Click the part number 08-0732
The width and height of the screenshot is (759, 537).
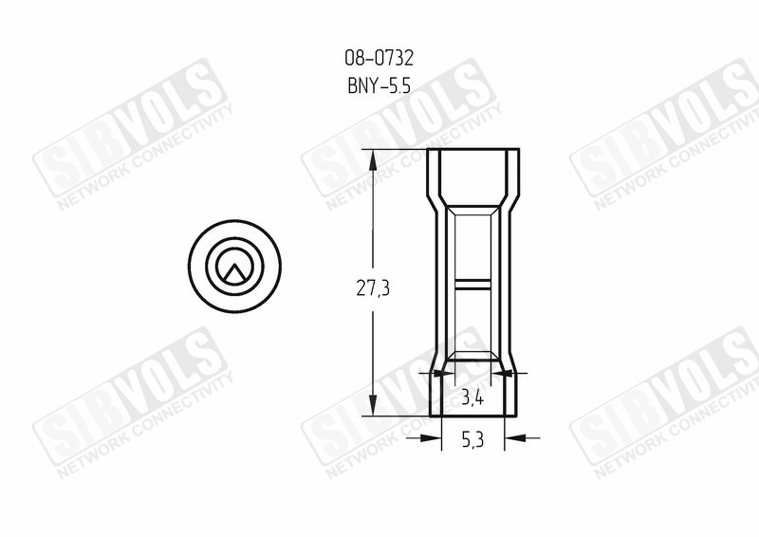pyautogui.click(x=379, y=59)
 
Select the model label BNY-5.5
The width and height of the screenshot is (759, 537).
pyautogui.click(x=379, y=86)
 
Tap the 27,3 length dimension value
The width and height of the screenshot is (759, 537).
pyautogui.click(x=373, y=288)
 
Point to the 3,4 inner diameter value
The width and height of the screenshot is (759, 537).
pyautogui.click(x=472, y=398)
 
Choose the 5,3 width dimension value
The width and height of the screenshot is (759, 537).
pyautogui.click(x=472, y=440)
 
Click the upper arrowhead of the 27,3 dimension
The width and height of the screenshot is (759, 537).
pyautogui.click(x=373, y=159)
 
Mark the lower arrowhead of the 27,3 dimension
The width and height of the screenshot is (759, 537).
pyautogui.click(x=373, y=405)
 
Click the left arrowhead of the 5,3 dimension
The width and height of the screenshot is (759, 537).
pyautogui.click(x=431, y=437)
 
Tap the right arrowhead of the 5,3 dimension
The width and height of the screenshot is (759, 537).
pyautogui.click(x=515, y=437)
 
